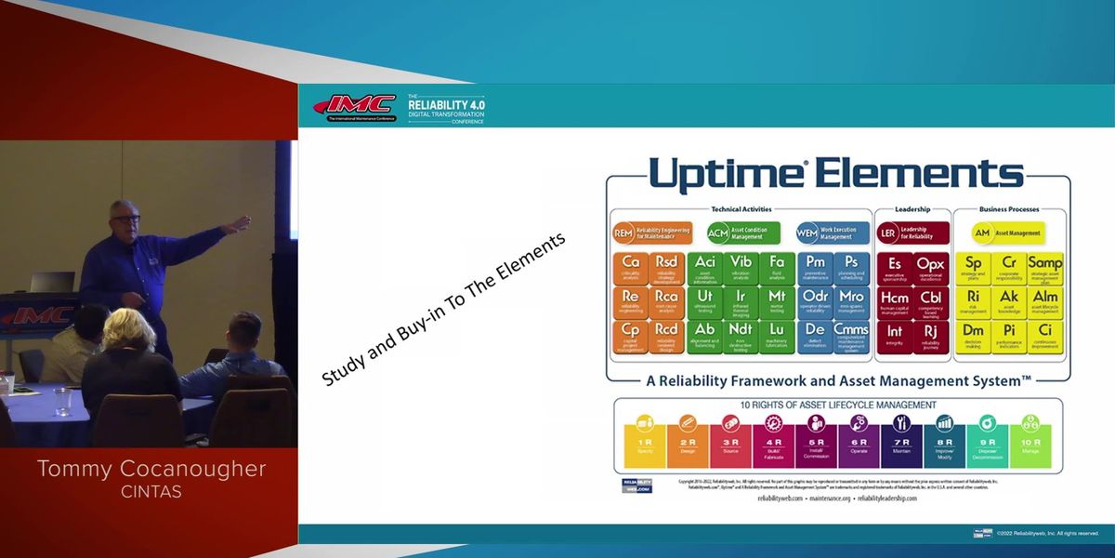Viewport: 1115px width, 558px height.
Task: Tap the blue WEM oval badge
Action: tap(807, 232)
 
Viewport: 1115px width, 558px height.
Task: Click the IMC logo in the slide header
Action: tap(354, 106)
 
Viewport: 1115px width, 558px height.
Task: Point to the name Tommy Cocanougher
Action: tap(151, 470)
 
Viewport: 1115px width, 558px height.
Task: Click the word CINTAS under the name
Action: tap(151, 492)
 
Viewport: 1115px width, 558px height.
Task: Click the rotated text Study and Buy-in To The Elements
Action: tap(443, 310)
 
